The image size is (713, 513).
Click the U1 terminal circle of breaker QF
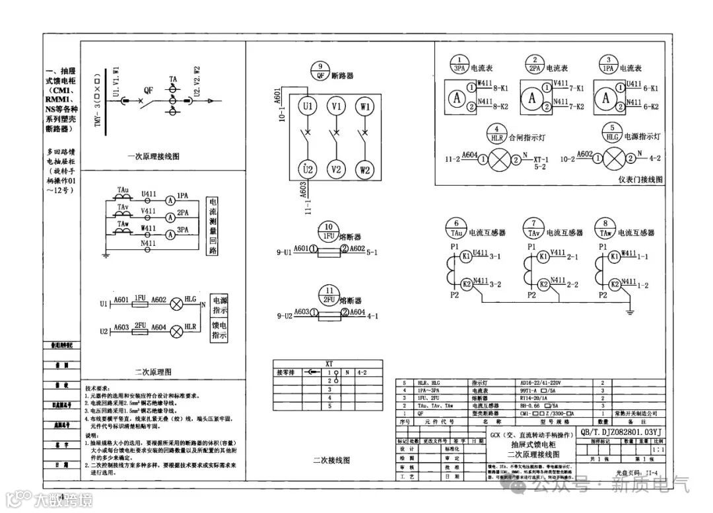click(306, 106)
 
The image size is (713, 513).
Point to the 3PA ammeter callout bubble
click(460, 63)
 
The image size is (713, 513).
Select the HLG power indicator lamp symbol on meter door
click(616, 159)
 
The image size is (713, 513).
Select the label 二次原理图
click(153, 372)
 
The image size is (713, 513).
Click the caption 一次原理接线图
click(153, 157)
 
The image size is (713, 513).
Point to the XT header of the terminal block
click(329, 364)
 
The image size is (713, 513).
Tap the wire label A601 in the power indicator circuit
click(120, 300)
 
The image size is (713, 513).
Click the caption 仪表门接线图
click(640, 179)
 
